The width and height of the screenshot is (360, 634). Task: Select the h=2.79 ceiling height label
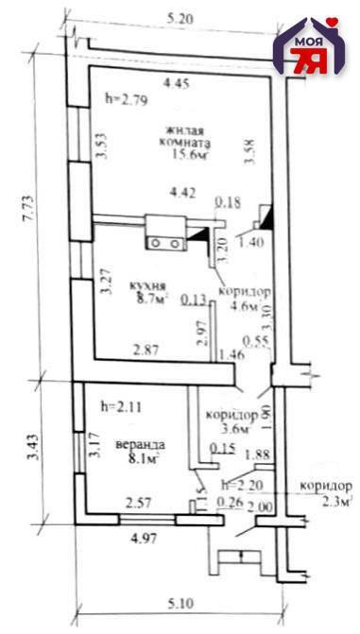click(x=128, y=97)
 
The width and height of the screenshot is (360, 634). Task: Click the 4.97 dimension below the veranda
click(x=141, y=540)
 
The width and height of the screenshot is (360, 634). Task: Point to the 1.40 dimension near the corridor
click(x=250, y=243)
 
